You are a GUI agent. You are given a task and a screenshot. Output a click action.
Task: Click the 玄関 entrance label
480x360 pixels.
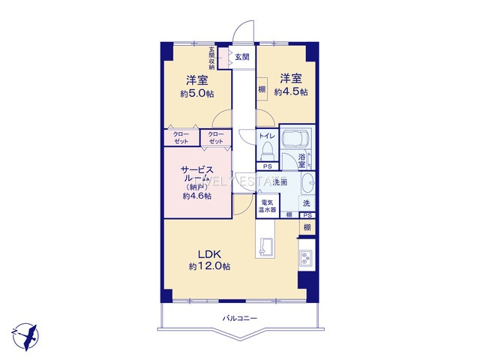click(241, 57)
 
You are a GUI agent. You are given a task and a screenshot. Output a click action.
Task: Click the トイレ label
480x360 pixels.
click(266, 136)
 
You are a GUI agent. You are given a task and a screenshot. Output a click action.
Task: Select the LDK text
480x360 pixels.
click(209, 253)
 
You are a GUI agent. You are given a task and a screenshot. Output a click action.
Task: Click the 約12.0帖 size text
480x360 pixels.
click(209, 267)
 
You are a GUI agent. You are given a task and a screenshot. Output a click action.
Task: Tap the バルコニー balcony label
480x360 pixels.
click(240, 319)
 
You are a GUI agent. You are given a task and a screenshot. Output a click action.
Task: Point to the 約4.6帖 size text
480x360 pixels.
click(196, 196)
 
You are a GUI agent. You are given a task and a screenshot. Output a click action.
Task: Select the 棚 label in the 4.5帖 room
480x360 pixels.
click(262, 90)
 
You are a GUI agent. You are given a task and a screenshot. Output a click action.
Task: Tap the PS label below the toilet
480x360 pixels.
click(266, 166)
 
